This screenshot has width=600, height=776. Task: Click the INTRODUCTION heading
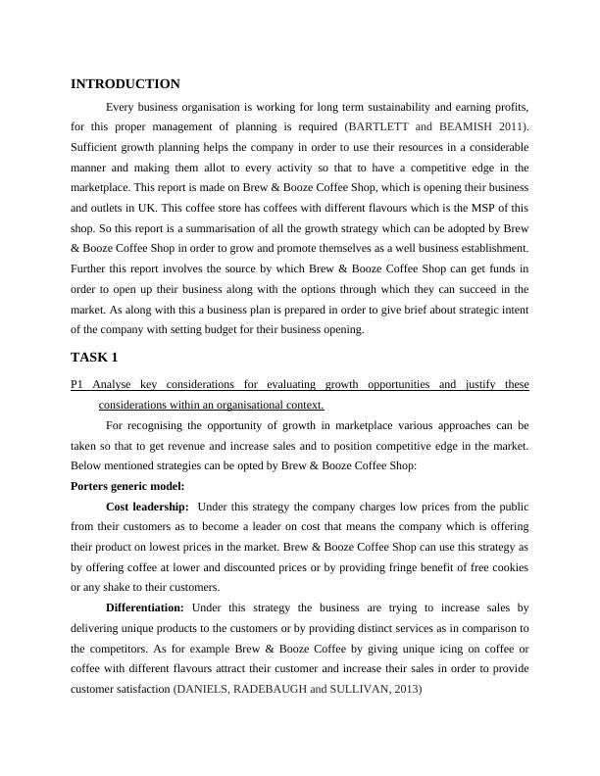pyautogui.click(x=125, y=84)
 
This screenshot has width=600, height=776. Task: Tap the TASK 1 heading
pyautogui.click(x=94, y=357)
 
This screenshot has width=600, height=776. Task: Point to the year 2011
pyautogui.click(x=509, y=127)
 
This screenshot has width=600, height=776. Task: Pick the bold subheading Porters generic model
pyautogui.click(x=128, y=485)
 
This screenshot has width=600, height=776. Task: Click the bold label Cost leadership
pyautogui.click(x=147, y=507)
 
